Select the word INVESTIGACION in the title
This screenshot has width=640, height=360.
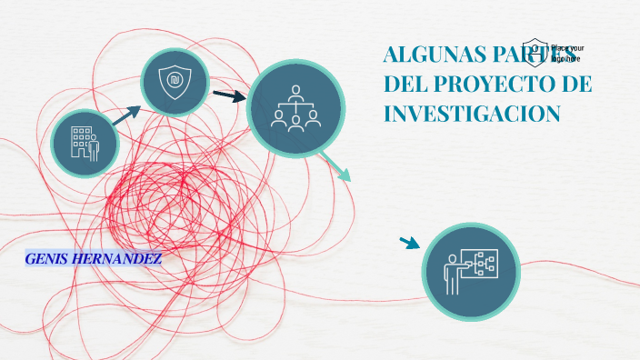coord(472,114)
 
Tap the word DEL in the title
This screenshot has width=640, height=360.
coord(405,85)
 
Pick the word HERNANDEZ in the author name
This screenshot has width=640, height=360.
coord(122,259)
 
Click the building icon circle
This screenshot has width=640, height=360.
coord(85,142)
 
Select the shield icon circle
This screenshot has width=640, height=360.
coord(175,82)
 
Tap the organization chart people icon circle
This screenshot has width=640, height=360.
coord(295,108)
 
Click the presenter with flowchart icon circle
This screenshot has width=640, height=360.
coord(470,271)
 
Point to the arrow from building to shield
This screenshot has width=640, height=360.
coord(125,113)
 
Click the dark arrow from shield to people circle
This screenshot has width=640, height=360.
coord(229,95)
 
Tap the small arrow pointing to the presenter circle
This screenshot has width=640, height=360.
coord(409,243)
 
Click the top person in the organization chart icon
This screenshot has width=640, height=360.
coord(295,92)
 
